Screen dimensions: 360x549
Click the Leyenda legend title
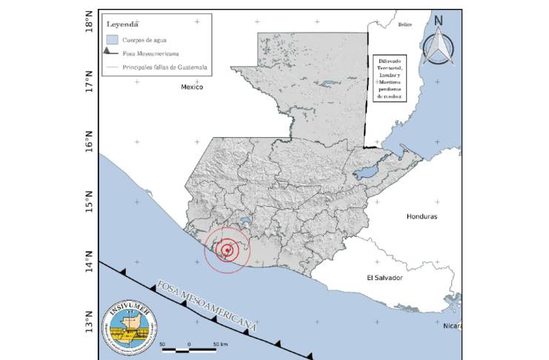coord(123,24)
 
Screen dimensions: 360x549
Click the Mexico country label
coord(193,87)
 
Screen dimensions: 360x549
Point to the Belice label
coord(404,24)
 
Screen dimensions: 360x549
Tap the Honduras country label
coord(422,217)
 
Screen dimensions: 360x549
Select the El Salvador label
coord(385,278)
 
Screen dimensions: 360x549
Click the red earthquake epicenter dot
coord(227,250)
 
